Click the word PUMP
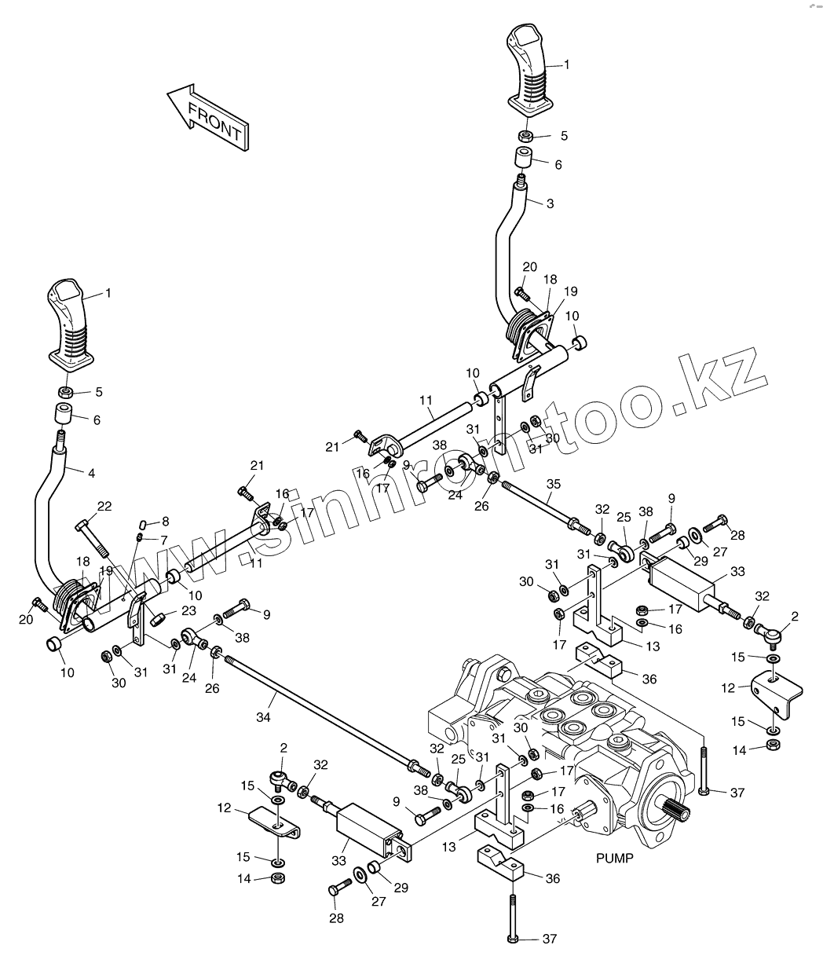click(613, 859)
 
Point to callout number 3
click(550, 203)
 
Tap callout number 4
click(92, 473)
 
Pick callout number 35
click(554, 484)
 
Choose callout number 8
click(164, 521)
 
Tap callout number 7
click(164, 540)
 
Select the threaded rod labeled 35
click(542, 504)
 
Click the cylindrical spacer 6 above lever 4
click(64, 415)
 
